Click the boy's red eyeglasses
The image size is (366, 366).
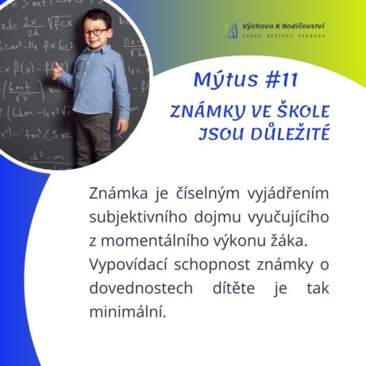95,33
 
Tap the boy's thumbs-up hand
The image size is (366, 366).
57,71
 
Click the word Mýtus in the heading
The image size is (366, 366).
225,79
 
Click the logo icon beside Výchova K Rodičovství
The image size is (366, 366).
232,30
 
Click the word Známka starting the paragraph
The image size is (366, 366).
118,193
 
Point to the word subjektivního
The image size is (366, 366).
138,218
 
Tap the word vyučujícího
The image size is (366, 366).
288,218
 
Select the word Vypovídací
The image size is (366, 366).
128,265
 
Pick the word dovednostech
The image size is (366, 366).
141,288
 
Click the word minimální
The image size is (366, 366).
128,311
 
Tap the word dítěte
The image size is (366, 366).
233,288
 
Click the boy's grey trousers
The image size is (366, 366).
94,139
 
